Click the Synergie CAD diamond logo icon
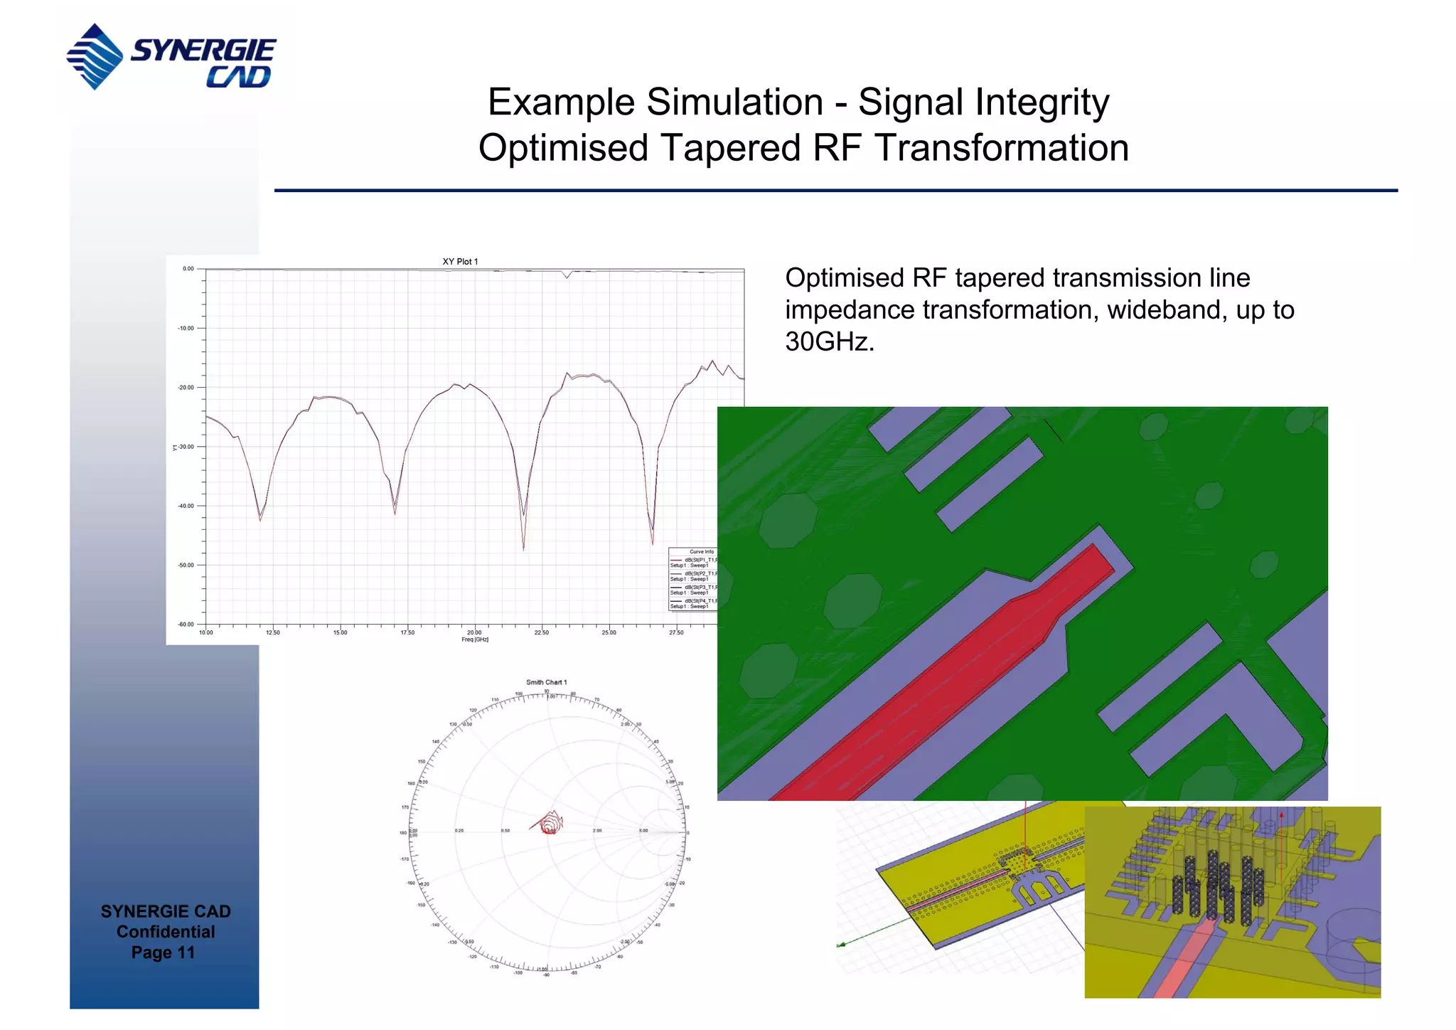click(x=95, y=56)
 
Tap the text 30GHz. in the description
click(x=829, y=342)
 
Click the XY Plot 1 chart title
click(x=460, y=262)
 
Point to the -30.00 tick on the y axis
click(x=186, y=447)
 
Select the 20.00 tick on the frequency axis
click(x=474, y=632)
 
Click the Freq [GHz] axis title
click(x=474, y=639)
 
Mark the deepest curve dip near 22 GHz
click(x=524, y=548)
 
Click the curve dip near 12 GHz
click(x=260, y=519)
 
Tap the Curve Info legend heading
click(x=701, y=552)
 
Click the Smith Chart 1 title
click(x=546, y=682)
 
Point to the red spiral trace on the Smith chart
click(x=550, y=825)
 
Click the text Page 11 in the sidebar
click(x=163, y=952)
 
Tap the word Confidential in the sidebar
click(x=165, y=932)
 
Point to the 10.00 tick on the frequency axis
click(x=205, y=632)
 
